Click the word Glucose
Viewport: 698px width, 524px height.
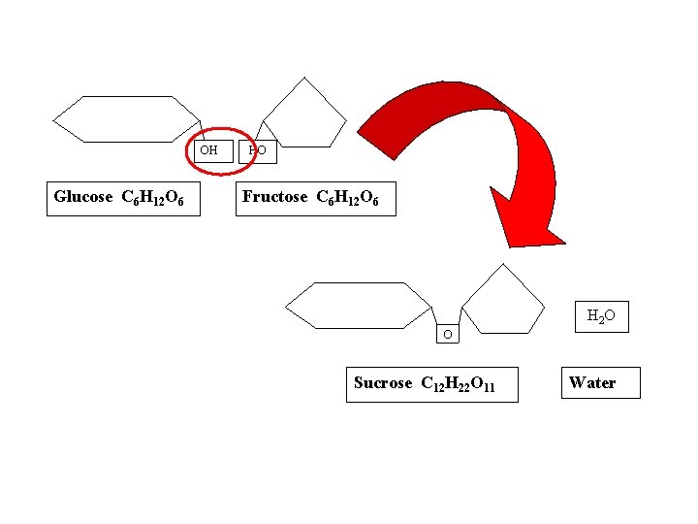[x=83, y=197]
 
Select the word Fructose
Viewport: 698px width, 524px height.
[x=274, y=197]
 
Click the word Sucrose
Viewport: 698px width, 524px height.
[x=383, y=383]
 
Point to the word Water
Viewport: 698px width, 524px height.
[x=592, y=383]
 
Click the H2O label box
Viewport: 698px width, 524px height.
[x=601, y=315]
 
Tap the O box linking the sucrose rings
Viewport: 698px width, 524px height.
[x=448, y=335]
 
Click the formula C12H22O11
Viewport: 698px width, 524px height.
[x=459, y=384]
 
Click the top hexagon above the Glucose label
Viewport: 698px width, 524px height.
[x=127, y=118]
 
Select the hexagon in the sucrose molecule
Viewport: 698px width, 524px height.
[x=360, y=306]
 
